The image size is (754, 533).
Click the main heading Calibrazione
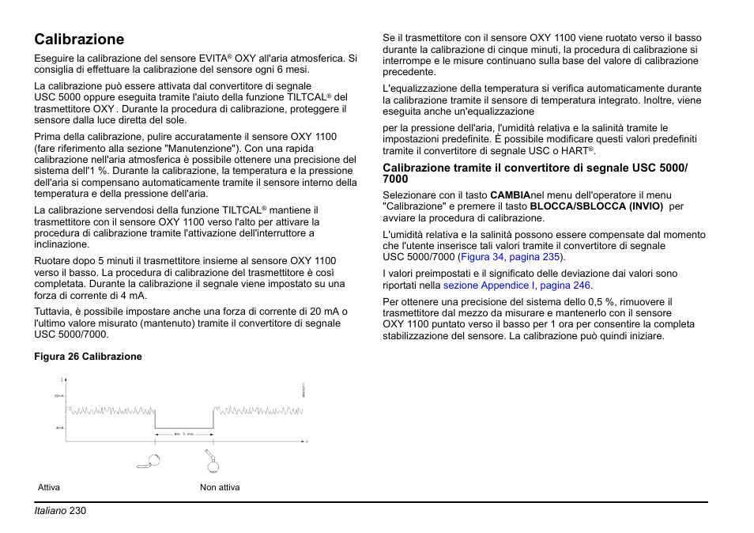pyautogui.click(x=79, y=39)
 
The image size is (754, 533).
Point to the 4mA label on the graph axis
pyautogui.click(x=59, y=428)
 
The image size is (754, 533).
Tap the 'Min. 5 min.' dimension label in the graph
pyautogui.click(x=184, y=434)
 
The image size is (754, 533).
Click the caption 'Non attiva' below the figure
pyautogui.click(x=220, y=487)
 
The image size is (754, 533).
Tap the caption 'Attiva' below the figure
pyautogui.click(x=49, y=487)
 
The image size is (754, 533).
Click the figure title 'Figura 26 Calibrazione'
pyautogui.click(x=88, y=357)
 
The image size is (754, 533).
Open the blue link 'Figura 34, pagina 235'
pyautogui.click(x=511, y=257)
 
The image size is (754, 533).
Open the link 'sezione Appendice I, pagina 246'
pyautogui.click(x=517, y=285)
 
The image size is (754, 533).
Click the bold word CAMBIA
pyautogui.click(x=510, y=195)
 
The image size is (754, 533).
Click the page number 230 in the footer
pyautogui.click(x=77, y=511)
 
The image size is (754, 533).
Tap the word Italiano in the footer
pyautogui.click(x=50, y=511)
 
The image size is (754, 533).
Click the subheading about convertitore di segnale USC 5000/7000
pyautogui.click(x=535, y=172)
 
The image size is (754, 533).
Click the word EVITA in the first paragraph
pyautogui.click(x=211, y=59)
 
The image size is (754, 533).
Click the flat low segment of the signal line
pyautogui.click(x=184, y=428)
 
